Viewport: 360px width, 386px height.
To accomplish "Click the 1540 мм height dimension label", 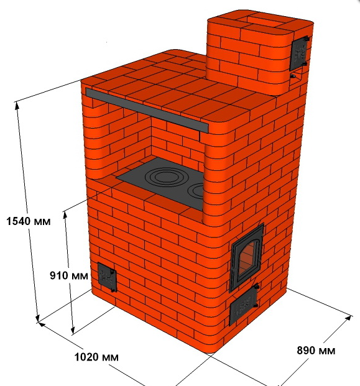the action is [29, 221].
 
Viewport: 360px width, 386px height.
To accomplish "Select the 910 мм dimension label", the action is [69, 275].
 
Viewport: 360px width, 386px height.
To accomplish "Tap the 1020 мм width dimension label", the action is [96, 357].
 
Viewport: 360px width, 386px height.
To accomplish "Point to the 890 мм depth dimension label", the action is [316, 351].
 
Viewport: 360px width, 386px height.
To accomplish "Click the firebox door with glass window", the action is [246, 257].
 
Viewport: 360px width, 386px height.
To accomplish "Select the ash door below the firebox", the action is [243, 306].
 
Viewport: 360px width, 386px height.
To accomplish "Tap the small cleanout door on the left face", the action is [107, 277].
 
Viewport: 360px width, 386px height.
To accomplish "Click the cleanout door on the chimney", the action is [299, 53].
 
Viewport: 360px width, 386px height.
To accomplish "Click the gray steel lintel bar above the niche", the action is [147, 110].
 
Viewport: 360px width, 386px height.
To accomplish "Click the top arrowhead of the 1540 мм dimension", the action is [17, 106].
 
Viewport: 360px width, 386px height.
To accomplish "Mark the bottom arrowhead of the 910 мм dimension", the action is [73, 330].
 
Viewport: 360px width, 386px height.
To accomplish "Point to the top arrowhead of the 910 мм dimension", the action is [65, 215].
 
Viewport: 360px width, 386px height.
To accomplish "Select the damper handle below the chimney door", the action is [293, 76].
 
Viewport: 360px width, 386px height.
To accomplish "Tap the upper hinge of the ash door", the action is [256, 287].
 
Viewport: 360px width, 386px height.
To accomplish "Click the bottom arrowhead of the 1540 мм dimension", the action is [38, 318].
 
